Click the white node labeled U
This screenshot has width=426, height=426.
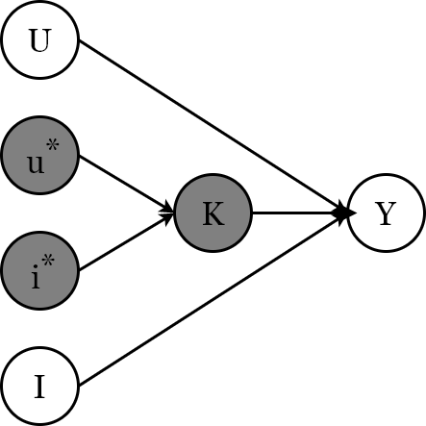(x=39, y=40)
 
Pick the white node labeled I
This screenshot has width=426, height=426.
(x=39, y=387)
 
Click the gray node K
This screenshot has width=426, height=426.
(x=213, y=213)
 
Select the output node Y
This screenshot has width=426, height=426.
(x=386, y=213)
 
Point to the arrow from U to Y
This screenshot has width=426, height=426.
(x=212, y=126)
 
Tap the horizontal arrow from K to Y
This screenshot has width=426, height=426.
(x=298, y=213)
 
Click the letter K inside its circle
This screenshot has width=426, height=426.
(x=213, y=213)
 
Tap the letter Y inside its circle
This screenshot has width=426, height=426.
(x=386, y=213)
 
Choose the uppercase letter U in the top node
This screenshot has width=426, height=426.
(x=39, y=40)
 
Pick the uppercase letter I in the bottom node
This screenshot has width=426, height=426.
(x=39, y=387)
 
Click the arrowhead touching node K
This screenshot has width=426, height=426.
(x=169, y=210)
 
